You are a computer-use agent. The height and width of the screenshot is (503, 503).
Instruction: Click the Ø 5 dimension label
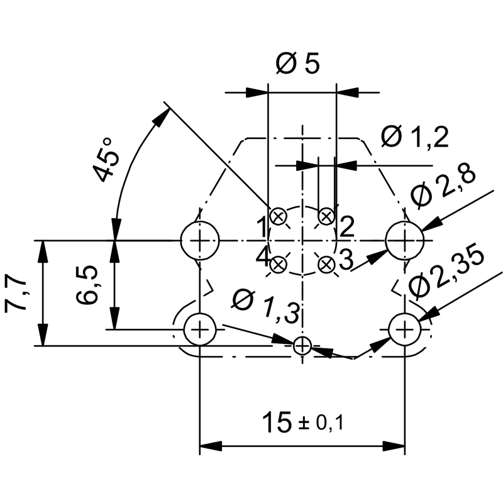(x=298, y=64)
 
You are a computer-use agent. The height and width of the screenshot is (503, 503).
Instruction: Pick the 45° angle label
(x=106, y=160)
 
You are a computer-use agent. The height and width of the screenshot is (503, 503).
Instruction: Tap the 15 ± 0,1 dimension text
(x=303, y=421)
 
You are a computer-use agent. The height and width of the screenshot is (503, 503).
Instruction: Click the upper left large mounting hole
(x=200, y=240)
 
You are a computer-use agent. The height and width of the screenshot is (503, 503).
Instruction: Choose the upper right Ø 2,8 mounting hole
(x=404, y=240)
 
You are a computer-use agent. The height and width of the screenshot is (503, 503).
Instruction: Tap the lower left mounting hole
(x=200, y=328)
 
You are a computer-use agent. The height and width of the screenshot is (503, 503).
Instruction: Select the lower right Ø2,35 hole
(x=404, y=328)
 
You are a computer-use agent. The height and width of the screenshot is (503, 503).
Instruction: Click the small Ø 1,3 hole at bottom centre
(x=302, y=345)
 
